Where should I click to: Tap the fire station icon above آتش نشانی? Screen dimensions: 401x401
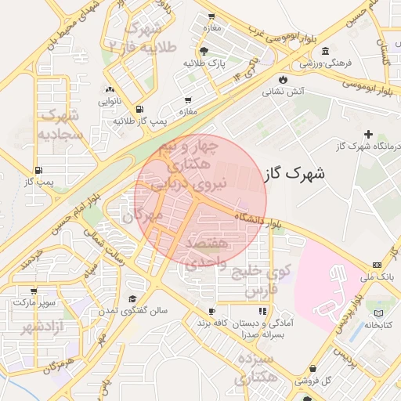coord(282,80)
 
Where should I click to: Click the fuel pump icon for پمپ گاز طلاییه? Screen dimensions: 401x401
coord(139,110)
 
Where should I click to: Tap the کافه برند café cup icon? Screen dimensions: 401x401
coord(211,311)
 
